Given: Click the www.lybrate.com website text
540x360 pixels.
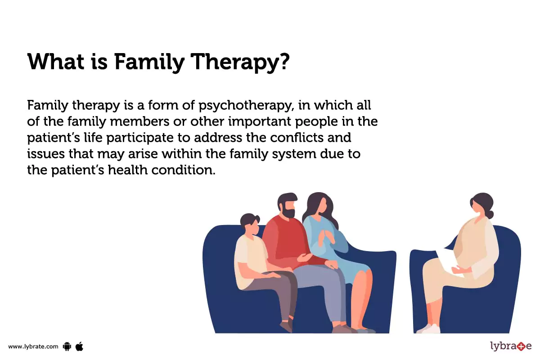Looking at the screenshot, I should (33, 346).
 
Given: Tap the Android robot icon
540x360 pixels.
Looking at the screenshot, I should (67, 346).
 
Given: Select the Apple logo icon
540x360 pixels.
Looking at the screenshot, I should (80, 346).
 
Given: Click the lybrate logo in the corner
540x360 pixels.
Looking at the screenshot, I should (510, 346).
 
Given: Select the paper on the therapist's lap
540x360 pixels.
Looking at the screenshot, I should (445, 261).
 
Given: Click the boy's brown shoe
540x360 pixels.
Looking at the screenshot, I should (286, 326).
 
